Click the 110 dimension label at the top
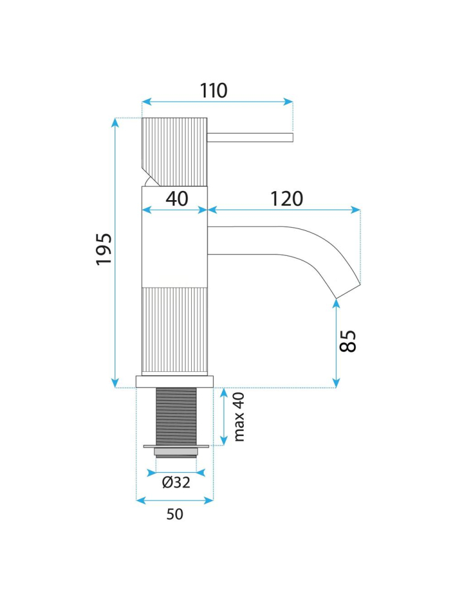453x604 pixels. tap(213, 91)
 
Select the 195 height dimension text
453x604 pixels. tap(104, 248)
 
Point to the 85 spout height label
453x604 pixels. tap(348, 342)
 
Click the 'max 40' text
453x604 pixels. tap(240, 417)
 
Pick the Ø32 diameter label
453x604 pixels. tap(176, 482)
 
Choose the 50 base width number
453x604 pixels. tap(174, 515)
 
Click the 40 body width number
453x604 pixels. tap(177, 198)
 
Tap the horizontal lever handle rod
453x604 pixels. tap(250, 137)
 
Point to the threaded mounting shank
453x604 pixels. tap(176, 416)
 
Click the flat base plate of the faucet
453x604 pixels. tap(175, 381)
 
